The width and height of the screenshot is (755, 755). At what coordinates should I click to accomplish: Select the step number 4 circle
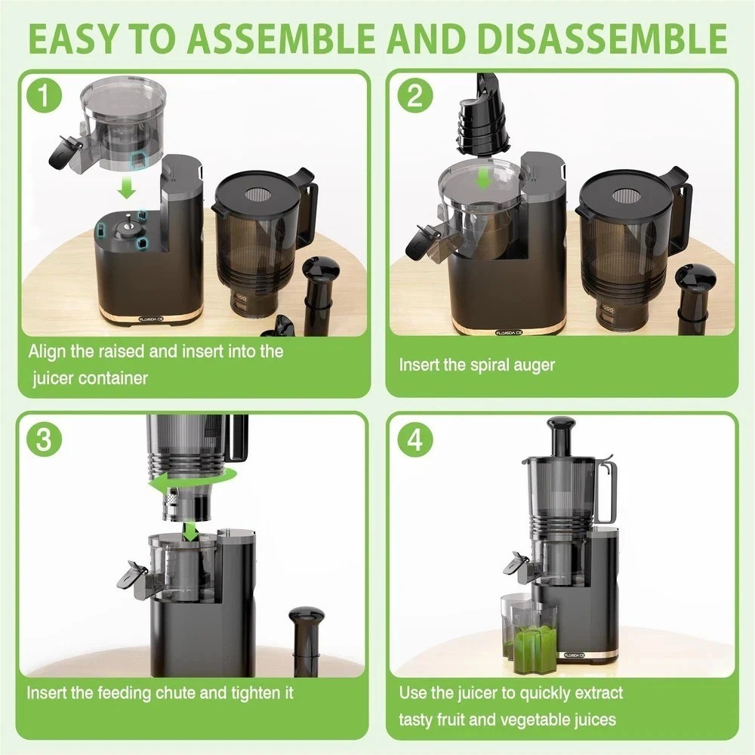pyautogui.click(x=416, y=440)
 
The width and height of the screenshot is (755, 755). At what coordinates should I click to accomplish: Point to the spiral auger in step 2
pyautogui.click(x=481, y=121)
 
